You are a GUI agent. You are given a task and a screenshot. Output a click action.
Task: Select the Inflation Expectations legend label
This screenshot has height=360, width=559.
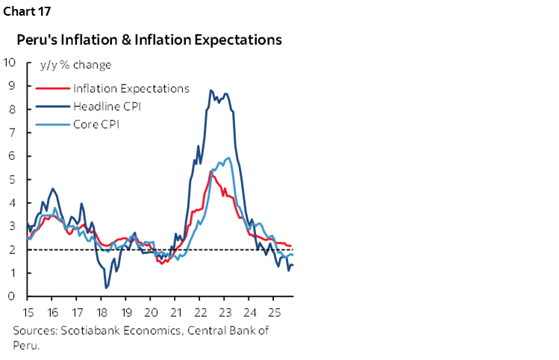pos(131,88)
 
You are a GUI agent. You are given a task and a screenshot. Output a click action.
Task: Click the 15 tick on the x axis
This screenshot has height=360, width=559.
pos(28,310)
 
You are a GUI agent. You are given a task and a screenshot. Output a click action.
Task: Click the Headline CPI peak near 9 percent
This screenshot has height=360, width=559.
pos(211,90)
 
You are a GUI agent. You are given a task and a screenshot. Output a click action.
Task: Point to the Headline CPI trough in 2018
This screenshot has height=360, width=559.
pos(106,287)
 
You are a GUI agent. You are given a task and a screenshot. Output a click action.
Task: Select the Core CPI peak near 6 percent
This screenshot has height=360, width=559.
pos(228,158)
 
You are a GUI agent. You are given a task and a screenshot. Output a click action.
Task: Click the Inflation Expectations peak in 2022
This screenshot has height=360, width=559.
pos(211,170)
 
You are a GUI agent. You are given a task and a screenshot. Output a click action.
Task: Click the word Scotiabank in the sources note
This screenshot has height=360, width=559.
pos(84,331)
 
